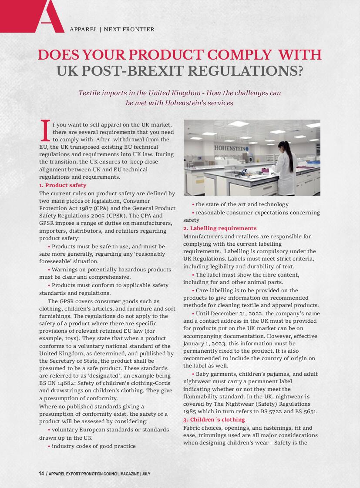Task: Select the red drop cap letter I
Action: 44,131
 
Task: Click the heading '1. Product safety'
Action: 63,185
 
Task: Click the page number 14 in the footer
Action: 41,474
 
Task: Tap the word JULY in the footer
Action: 146,474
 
